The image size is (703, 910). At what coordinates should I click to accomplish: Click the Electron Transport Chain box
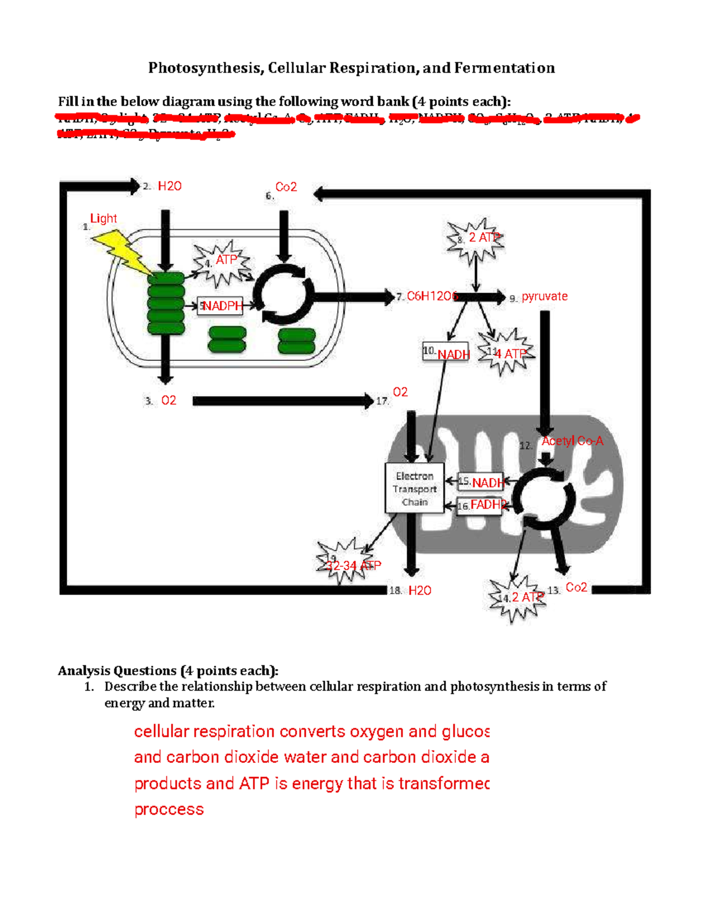pyautogui.click(x=414, y=489)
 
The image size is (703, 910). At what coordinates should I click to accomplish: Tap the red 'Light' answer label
pyautogui.click(x=103, y=219)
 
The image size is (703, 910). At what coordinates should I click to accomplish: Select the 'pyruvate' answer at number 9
pyautogui.click(x=544, y=296)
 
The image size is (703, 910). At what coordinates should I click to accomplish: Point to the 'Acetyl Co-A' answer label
pyautogui.click(x=572, y=441)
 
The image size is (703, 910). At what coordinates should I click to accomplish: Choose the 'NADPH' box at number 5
pyautogui.click(x=220, y=306)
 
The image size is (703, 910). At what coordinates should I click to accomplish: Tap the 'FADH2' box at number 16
pyautogui.click(x=480, y=505)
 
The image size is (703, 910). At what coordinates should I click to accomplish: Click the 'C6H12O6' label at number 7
pyautogui.click(x=432, y=296)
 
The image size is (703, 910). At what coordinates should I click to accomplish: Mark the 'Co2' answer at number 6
pyautogui.click(x=286, y=187)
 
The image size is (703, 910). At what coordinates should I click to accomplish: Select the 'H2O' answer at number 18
pyautogui.click(x=419, y=591)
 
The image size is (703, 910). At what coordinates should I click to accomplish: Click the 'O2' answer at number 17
pyautogui.click(x=400, y=392)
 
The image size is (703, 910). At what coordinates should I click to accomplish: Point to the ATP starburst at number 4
pyautogui.click(x=222, y=261)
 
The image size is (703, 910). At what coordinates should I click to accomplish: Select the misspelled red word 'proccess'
pyautogui.click(x=169, y=809)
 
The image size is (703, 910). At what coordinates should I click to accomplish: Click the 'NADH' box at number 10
pyautogui.click(x=446, y=352)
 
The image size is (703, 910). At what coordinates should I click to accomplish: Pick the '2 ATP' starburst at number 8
pyautogui.click(x=476, y=238)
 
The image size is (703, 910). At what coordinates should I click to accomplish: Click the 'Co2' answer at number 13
pyautogui.click(x=576, y=588)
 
